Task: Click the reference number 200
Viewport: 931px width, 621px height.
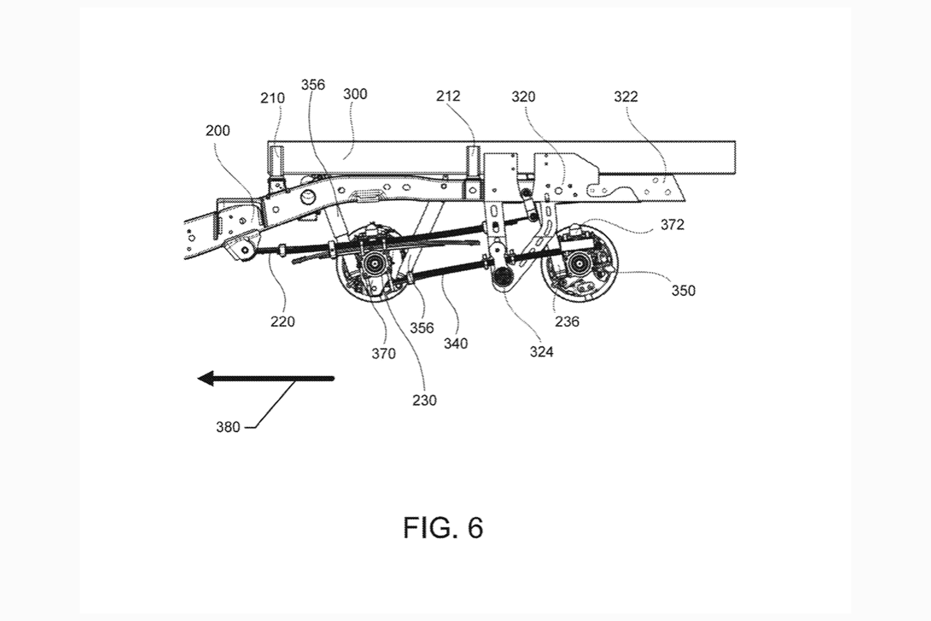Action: coord(218,130)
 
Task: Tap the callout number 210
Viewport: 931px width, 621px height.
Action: coord(272,98)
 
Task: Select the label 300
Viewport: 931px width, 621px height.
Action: coord(355,94)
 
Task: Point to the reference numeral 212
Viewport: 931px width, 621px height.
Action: coord(448,96)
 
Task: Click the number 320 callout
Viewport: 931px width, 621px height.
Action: coord(523,96)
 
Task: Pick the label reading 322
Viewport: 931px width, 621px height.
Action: coord(626,96)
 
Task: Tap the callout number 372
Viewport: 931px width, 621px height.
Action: coord(672,225)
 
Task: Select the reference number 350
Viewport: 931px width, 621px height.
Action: coord(683,291)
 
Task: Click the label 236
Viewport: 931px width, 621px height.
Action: coord(567,322)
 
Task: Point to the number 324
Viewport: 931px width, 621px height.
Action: coord(541,352)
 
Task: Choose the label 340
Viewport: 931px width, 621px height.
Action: coord(456,344)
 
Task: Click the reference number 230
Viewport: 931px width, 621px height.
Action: coord(424,401)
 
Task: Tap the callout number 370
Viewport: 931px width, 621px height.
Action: coord(383,354)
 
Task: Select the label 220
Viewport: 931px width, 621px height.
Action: coord(282,322)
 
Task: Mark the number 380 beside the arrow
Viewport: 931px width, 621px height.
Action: coord(228,427)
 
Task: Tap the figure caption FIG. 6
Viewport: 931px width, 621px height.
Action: coord(443,528)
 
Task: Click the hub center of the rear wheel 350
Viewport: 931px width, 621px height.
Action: coord(580,266)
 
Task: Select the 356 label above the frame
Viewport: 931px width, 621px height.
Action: coord(313,85)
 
